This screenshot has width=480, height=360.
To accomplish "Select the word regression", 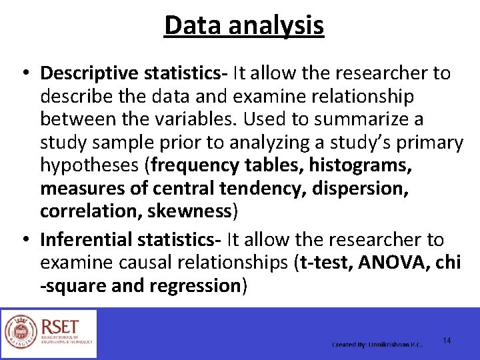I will pyautogui.click(x=195, y=286).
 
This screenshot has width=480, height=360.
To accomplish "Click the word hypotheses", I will pyautogui.click(x=91, y=165).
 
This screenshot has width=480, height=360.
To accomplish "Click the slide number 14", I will pyautogui.click(x=447, y=341).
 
